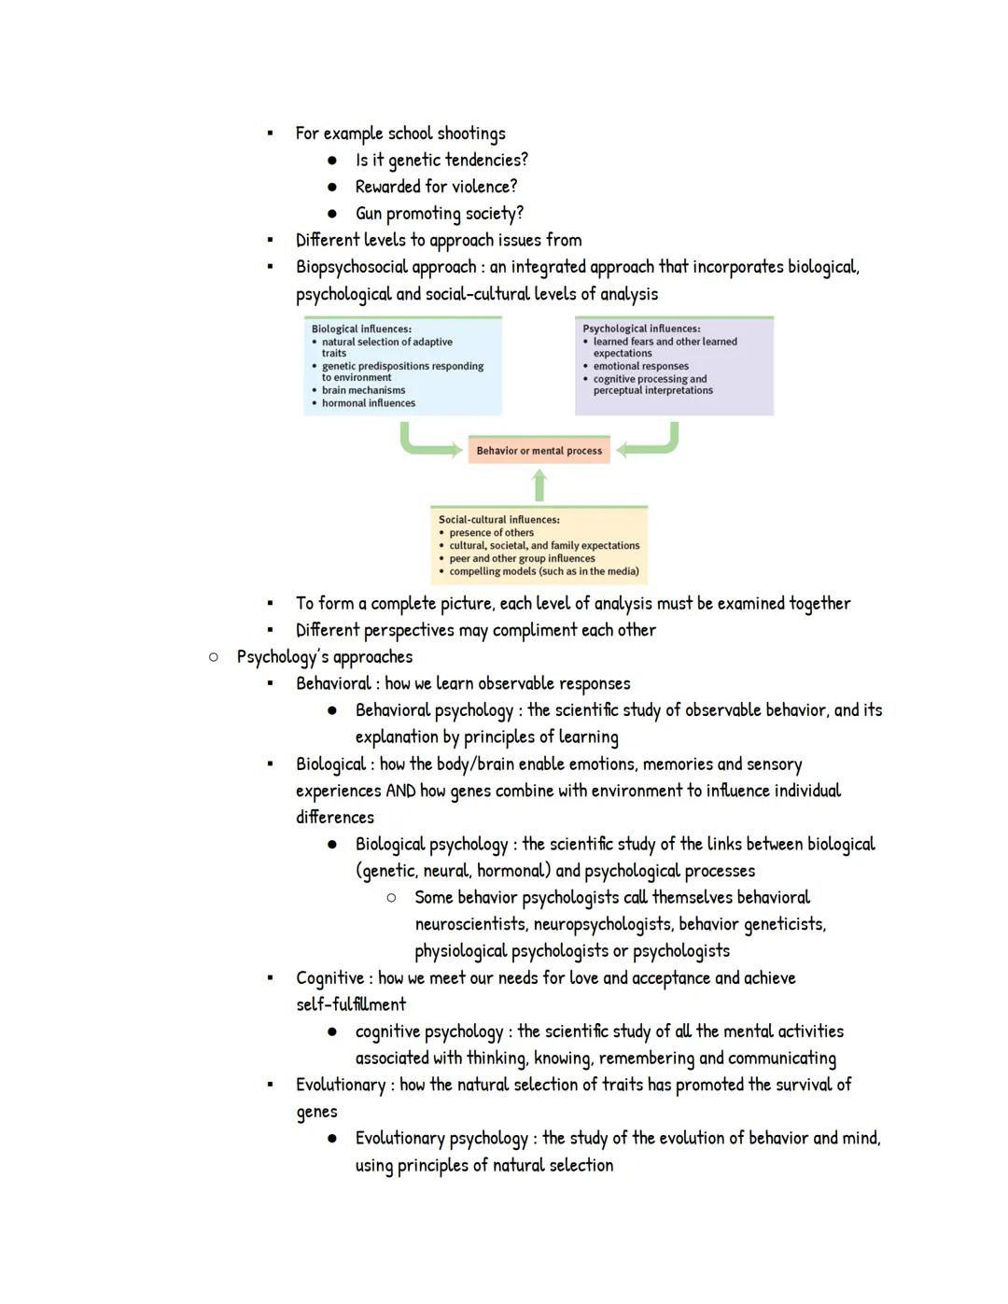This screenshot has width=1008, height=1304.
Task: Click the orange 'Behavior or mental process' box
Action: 539,450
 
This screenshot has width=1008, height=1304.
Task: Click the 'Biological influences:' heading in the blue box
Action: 361,329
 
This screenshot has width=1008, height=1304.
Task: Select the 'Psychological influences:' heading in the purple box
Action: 641,329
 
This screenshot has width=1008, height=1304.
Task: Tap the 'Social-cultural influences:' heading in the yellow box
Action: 499,519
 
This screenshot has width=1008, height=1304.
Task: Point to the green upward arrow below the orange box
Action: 539,484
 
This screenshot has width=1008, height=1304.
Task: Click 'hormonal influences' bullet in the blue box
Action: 369,403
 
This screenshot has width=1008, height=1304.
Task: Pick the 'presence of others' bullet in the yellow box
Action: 492,532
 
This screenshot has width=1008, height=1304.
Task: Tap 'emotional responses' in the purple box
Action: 641,366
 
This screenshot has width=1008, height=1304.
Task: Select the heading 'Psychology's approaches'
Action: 324,657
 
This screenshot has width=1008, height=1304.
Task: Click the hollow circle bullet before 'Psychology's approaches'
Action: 214,657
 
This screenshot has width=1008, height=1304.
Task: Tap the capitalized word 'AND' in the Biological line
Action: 399,792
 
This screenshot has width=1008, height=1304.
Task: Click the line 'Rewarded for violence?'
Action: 436,187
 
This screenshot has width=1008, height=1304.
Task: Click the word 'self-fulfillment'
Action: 351,1004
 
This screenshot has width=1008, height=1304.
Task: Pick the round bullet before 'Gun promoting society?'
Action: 331,213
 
